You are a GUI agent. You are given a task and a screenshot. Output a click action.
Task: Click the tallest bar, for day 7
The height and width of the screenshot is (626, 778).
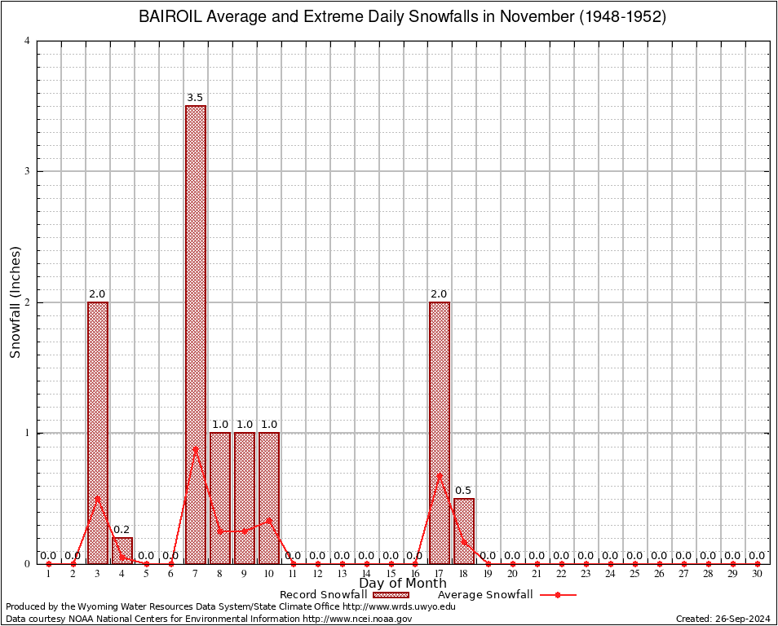pyautogui.click(x=196, y=334)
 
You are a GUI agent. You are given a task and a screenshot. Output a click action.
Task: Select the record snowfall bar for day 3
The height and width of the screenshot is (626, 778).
pyautogui.click(x=98, y=432)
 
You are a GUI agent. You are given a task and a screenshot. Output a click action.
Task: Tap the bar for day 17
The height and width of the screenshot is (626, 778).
pyautogui.click(x=440, y=432)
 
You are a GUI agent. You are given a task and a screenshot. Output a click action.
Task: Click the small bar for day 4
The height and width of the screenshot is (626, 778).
pyautogui.click(x=122, y=550)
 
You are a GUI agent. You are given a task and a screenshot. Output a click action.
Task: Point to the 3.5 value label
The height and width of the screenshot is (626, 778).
pyautogui.click(x=195, y=98)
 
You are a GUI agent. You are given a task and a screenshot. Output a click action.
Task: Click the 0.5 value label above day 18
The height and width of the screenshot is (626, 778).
pyautogui.click(x=463, y=491)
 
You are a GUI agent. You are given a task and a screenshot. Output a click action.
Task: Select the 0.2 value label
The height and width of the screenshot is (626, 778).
pyautogui.click(x=122, y=530)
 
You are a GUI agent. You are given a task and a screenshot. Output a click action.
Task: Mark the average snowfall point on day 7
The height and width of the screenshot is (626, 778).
pyautogui.click(x=196, y=448)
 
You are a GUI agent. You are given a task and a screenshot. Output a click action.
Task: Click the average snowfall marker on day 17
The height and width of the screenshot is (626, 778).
pyautogui.click(x=440, y=475)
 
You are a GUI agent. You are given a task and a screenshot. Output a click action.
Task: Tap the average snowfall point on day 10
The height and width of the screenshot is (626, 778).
pyautogui.click(x=269, y=519)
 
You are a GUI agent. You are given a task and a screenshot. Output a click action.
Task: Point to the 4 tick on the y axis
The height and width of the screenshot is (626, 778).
pyautogui.click(x=28, y=41)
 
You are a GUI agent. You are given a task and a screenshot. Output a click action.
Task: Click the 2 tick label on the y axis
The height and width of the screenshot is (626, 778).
pyautogui.click(x=28, y=302)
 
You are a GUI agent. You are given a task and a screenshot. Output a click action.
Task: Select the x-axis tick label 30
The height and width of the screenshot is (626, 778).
pyautogui.click(x=757, y=575)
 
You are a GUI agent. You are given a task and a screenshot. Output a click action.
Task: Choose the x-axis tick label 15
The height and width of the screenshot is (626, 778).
pyautogui.click(x=391, y=575)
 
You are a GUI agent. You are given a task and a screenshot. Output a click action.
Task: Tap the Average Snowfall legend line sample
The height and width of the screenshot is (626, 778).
pyautogui.click(x=557, y=595)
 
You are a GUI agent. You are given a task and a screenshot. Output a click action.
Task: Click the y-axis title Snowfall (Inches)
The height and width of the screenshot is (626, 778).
pyautogui.click(x=15, y=302)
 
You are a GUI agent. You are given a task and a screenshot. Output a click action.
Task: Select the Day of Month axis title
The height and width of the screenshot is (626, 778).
pyautogui.click(x=403, y=584)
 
